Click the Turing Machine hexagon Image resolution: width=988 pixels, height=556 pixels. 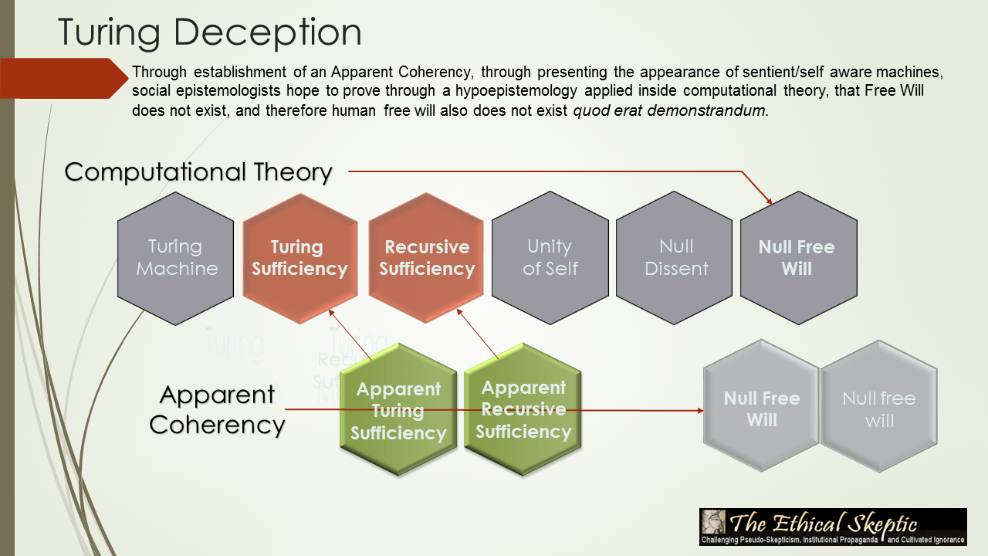pos(175,258)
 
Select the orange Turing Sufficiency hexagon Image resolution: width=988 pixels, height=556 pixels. pos(299,258)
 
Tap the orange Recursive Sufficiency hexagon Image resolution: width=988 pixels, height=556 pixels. pos(426,258)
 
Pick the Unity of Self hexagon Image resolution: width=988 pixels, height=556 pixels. pos(550,258)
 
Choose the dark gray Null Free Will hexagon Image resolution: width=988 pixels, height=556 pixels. pos(797,258)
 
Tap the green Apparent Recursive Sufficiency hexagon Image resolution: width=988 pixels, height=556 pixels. pos(523,409)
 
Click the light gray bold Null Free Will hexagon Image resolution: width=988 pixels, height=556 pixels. pos(761,409)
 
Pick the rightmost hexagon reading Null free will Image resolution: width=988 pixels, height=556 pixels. pos(878,409)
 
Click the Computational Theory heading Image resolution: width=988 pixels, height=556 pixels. pos(198,171)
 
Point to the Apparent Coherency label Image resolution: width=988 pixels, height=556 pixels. pos(218,409)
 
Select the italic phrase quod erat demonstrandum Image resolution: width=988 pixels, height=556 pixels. pos(671,110)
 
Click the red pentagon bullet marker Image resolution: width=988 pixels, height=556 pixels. pos(62,78)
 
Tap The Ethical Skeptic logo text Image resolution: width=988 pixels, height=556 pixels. pos(824,521)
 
